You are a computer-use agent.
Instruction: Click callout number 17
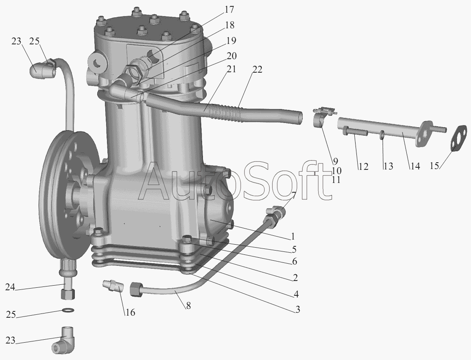click(x=229, y=10)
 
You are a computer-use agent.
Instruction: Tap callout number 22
click(x=257, y=70)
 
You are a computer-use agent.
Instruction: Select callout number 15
click(x=434, y=166)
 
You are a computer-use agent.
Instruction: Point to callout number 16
click(x=130, y=313)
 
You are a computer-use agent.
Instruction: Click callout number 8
click(x=188, y=306)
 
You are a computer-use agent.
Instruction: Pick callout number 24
click(x=10, y=287)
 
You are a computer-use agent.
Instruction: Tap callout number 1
click(x=293, y=236)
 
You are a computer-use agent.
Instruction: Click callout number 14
click(x=415, y=166)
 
